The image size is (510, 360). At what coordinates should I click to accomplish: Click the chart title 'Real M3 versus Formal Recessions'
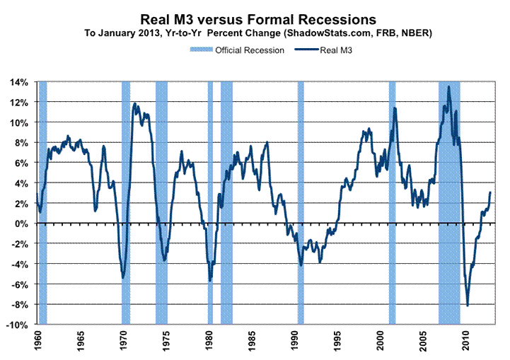tap(255, 18)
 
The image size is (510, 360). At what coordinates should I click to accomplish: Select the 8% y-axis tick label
tap(21, 143)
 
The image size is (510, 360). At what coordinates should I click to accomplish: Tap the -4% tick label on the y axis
tap(20, 264)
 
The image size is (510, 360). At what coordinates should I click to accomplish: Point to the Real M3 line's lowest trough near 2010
tap(468, 306)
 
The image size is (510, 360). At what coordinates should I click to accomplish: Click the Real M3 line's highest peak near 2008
tap(448, 87)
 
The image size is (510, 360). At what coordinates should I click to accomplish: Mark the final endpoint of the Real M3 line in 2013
tap(491, 192)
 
